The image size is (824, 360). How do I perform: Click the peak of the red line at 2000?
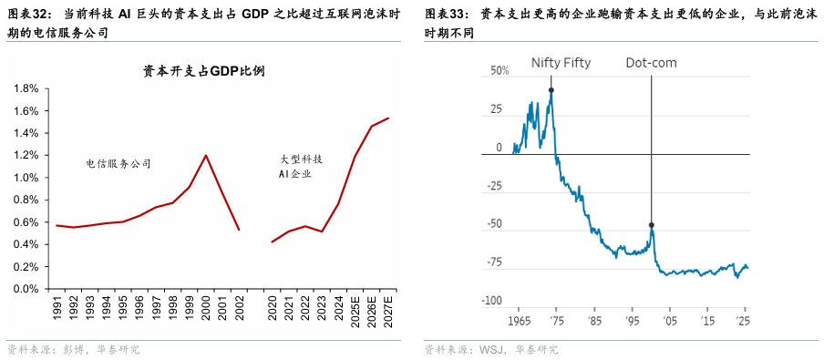206,155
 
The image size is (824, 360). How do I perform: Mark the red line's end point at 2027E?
388,118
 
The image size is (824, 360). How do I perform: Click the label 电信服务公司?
118,164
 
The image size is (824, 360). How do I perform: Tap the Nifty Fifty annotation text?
561,63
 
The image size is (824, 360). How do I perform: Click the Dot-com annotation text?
651,63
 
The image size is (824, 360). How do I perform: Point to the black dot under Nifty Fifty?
551,90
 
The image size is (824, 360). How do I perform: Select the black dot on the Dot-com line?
651,225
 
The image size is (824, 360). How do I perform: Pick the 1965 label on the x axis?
520,321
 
